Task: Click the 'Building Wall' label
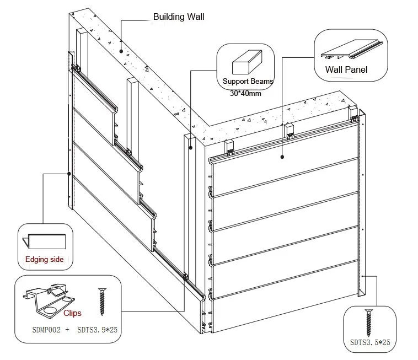[178, 17]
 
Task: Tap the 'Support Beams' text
[248, 82]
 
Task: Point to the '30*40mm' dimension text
[245, 93]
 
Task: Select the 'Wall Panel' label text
[346, 69]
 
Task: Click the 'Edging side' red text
[45, 259]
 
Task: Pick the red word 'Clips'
[72, 313]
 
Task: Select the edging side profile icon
[44, 241]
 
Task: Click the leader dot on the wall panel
[282, 156]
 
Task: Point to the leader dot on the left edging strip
[69, 174]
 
